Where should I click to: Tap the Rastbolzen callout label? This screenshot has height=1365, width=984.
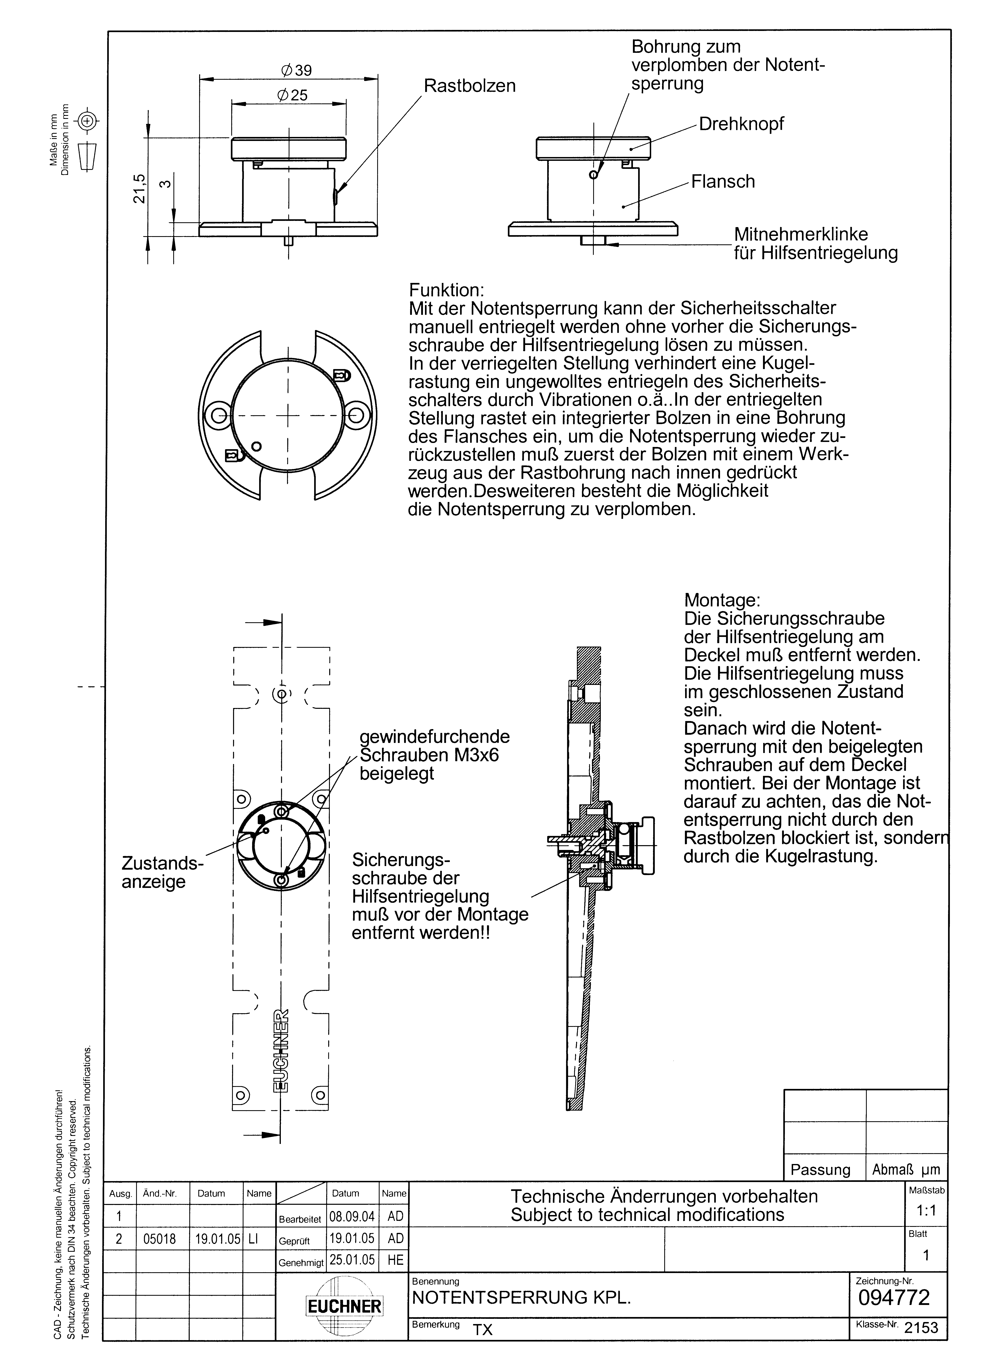[x=470, y=86]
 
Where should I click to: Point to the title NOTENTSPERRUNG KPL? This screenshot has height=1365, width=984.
[x=521, y=1298]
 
